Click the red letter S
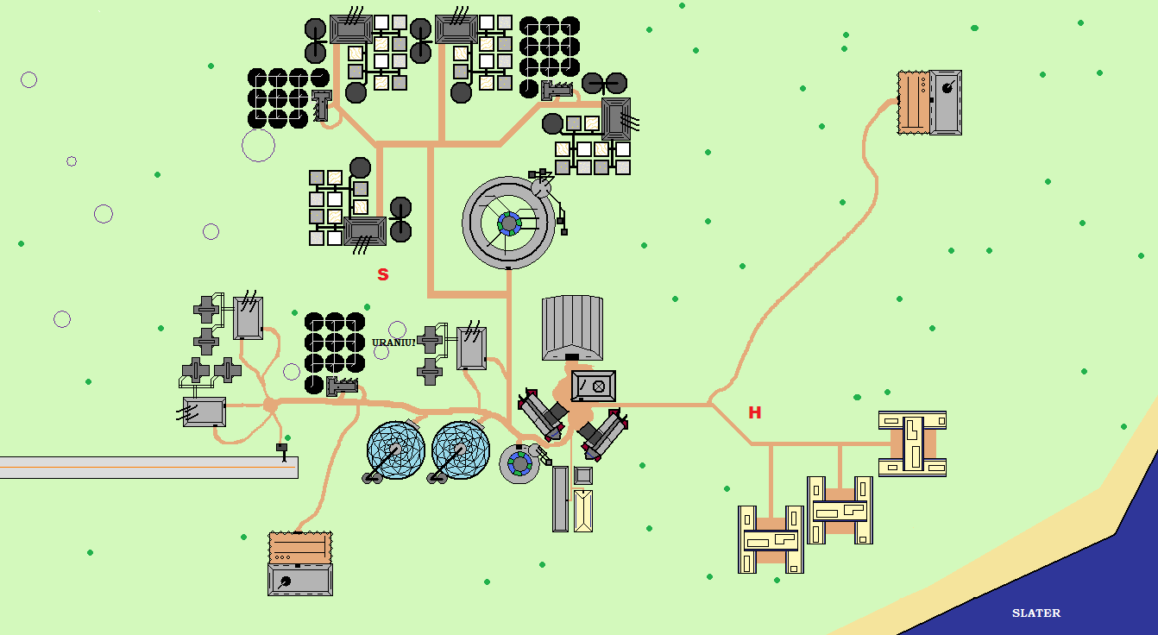click(383, 274)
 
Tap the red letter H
click(755, 412)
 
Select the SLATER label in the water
click(1035, 613)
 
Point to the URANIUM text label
click(393, 343)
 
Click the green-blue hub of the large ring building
click(509, 224)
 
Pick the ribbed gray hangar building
click(572, 327)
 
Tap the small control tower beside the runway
click(282, 450)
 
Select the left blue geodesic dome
click(396, 450)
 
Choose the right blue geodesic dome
click(461, 450)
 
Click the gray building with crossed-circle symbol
click(594, 386)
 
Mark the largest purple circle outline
click(258, 145)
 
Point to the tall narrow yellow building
click(583, 510)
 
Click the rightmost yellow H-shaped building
click(912, 443)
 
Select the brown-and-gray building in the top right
click(929, 103)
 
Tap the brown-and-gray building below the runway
click(299, 563)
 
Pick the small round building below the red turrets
click(519, 464)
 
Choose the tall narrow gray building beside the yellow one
click(561, 499)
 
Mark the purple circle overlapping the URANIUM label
click(397, 330)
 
